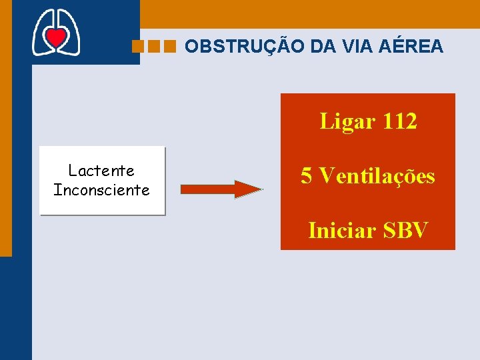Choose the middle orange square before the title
click(x=154, y=47)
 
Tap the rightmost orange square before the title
click(x=169, y=47)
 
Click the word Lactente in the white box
click(x=101, y=171)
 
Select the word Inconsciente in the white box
click(x=101, y=190)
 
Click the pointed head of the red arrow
click(x=250, y=189)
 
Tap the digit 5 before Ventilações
click(x=307, y=176)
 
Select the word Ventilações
click(x=377, y=176)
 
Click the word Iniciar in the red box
click(x=341, y=230)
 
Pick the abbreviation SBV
click(x=405, y=230)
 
